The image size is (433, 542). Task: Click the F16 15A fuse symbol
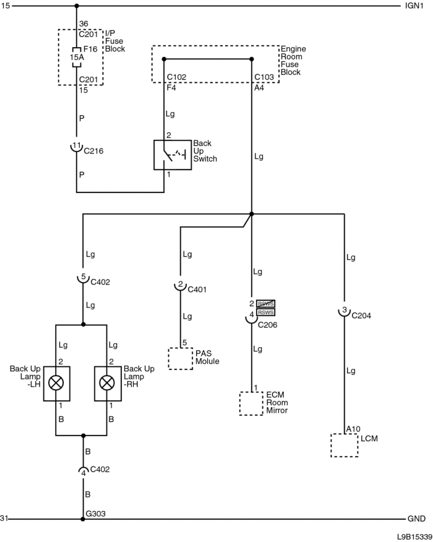coord(76,57)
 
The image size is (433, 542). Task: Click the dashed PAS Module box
coord(180,359)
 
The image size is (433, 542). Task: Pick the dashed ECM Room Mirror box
coord(252,404)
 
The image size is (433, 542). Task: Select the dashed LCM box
coord(345,445)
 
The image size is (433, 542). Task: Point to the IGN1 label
coord(414,6)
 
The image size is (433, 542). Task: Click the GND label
coord(416,518)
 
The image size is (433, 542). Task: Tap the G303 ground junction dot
coord(82,518)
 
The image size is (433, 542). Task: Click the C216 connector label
coord(93,150)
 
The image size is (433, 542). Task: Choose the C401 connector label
coord(197,288)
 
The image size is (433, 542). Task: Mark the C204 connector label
coord(361,314)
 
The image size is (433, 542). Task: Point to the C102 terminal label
coord(177,77)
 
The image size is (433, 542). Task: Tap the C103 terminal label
coord(264,77)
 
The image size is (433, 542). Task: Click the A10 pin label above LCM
coord(353,428)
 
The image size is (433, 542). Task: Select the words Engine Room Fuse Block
coord(294,61)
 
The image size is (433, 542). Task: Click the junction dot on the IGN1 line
coord(76,6)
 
